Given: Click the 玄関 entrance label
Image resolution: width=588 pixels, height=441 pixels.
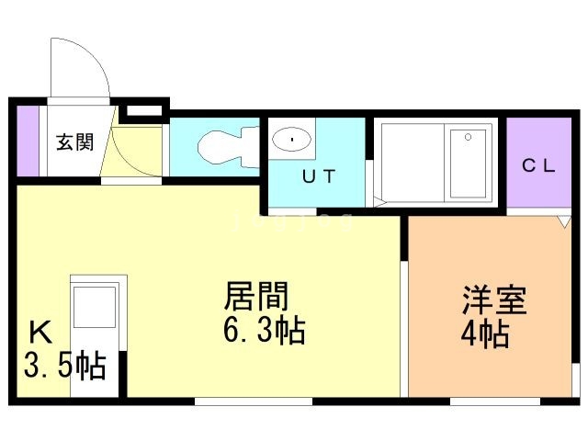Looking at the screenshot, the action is [74, 142].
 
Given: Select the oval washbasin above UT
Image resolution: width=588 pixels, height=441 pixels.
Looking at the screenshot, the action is [291, 140].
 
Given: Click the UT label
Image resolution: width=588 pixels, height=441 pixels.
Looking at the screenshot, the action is [319, 176].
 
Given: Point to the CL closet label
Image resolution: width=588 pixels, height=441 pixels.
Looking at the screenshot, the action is [539, 165].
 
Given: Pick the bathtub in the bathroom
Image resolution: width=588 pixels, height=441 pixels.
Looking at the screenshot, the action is [468, 164].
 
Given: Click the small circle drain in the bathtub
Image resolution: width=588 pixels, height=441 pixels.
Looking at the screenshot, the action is [468, 137].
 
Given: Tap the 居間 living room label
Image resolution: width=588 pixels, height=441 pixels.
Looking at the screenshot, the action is [256, 297].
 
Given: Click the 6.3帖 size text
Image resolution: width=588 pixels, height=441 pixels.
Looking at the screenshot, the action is [264, 331].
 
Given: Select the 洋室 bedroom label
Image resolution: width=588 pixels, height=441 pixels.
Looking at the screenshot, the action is [494, 300].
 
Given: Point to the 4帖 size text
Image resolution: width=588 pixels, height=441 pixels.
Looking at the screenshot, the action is [485, 334].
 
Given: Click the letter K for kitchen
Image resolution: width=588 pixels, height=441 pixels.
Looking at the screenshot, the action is [40, 333].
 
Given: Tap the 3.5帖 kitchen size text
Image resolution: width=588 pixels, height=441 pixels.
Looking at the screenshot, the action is [65, 366].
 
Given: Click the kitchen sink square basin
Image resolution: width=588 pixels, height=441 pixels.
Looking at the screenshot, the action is [95, 307].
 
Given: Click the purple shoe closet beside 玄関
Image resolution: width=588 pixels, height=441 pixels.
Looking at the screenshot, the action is [28, 141].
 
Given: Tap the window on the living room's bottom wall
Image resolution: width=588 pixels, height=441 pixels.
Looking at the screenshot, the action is [254, 401].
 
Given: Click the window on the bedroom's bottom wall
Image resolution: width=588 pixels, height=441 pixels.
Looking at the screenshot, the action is [495, 401].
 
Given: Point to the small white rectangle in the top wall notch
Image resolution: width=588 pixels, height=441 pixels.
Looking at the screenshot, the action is [144, 110].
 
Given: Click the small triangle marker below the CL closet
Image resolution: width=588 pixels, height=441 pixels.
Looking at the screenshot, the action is [563, 221].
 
